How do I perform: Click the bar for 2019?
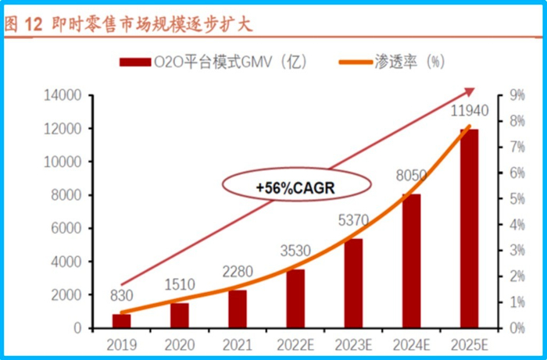coord(122,321)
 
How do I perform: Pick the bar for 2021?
coord(238,308)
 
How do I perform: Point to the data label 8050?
coord(413,177)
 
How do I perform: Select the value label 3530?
coord(296,252)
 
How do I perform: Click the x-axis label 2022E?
coord(296,344)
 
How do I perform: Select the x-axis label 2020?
coord(180,344)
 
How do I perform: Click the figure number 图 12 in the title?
coord(23,24)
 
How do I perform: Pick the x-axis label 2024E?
coord(413,344)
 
